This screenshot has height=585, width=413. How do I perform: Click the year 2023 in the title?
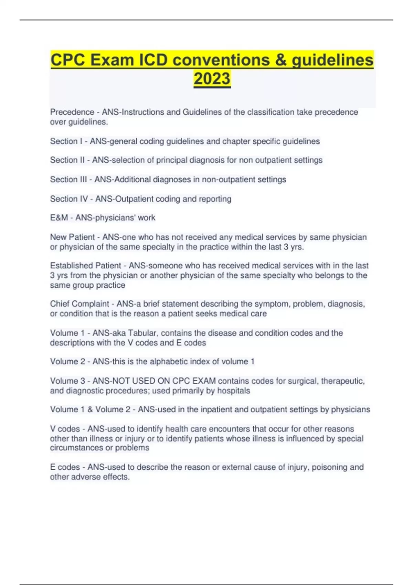[x=212, y=78]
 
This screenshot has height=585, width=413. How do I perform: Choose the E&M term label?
[x=59, y=218]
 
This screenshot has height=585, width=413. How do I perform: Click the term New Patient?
[x=72, y=237]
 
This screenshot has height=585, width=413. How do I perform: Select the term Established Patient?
[x=85, y=266]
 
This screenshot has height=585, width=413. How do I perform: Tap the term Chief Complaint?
[x=80, y=304]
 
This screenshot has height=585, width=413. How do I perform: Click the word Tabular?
[x=142, y=333]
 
